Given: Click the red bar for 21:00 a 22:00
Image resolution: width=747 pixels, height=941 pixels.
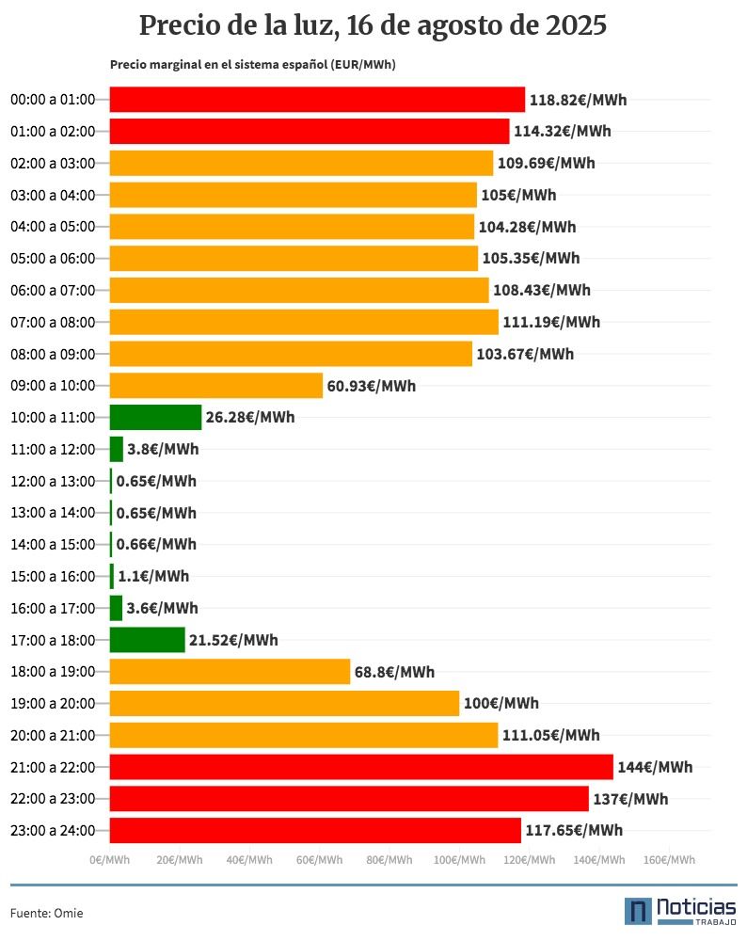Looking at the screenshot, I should pos(361,767).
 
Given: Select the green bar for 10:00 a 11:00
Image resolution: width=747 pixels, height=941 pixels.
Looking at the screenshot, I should pos(155,417).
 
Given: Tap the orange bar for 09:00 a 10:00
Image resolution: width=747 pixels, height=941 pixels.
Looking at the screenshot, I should pos(216,386).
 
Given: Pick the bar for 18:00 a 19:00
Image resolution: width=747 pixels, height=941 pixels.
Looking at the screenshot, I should pos(230,672).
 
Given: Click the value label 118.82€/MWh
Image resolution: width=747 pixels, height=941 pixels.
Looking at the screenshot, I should pos(578,100).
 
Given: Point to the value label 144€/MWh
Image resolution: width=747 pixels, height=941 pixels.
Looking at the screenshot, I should pos(655,767).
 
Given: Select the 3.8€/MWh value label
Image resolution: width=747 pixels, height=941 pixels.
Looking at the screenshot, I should pos(163,449).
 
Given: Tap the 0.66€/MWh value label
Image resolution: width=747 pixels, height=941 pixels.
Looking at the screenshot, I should pos(156,544).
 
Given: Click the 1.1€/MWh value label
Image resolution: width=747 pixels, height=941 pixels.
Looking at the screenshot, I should pos(153,576).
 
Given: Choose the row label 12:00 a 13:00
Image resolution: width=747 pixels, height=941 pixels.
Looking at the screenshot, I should pos(53,481).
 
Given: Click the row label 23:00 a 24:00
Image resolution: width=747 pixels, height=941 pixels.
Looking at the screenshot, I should pos(53,830).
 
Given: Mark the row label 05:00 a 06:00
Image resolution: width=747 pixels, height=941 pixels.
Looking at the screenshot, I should pos(53,259).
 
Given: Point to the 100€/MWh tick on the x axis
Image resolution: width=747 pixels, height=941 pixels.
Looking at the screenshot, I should pos(459,859).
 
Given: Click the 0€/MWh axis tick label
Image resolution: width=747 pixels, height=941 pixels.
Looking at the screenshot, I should pos(109,859).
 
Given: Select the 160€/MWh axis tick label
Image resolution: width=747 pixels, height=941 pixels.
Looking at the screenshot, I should pos(669,859).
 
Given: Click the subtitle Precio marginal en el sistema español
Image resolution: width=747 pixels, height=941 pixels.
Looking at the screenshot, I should pos(252,65).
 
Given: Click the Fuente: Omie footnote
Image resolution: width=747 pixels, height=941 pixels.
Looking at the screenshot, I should pos(40,912).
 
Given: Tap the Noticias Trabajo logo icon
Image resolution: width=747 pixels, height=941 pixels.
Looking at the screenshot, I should pos(639,911).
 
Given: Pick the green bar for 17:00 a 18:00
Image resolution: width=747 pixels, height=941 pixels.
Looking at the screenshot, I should pos(148,640).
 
